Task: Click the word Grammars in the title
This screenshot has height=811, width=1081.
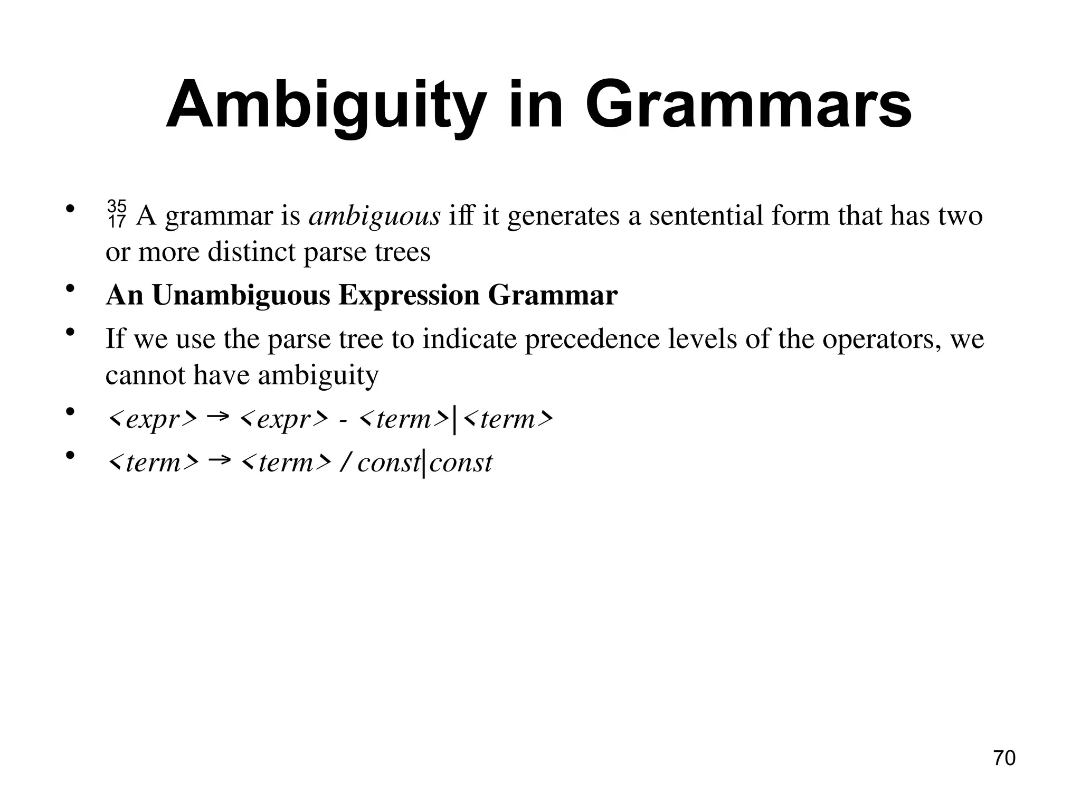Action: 748,106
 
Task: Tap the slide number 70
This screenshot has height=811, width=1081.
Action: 1004,758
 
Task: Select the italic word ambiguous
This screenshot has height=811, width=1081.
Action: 374,216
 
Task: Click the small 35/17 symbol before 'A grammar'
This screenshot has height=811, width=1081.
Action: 116,214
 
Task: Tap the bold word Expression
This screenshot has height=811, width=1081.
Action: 409,296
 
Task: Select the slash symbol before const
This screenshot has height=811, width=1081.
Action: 345,463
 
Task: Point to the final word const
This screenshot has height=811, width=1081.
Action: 460,463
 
